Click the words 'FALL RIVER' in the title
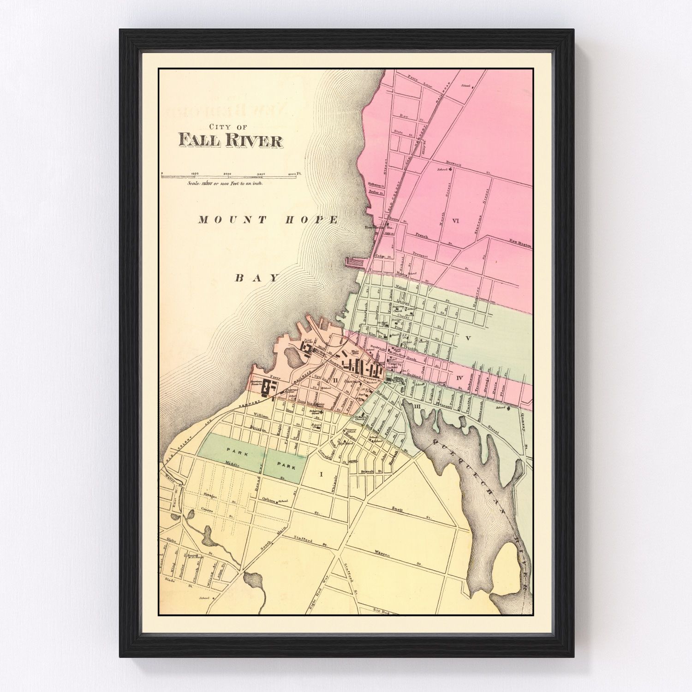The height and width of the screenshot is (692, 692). [x=230, y=140]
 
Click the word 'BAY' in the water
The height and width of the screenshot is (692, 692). [x=257, y=278]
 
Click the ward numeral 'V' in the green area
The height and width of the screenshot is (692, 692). [x=468, y=338]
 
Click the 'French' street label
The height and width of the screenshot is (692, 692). [x=422, y=236]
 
